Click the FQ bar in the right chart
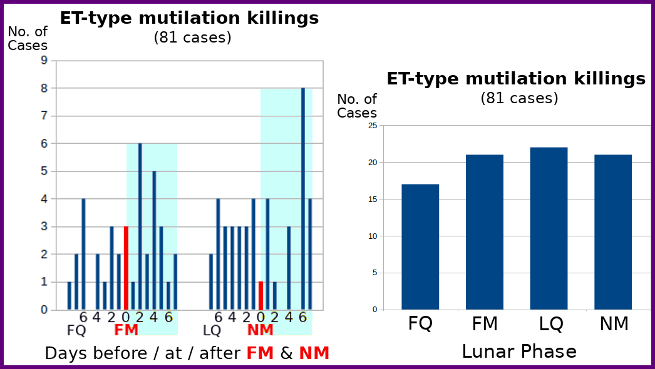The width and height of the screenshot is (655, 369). coord(420,246)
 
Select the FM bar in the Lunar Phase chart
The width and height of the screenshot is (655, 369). coord(485,232)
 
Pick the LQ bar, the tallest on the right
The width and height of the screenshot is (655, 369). coord(549,228)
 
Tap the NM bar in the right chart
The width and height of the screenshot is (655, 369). coord(613,232)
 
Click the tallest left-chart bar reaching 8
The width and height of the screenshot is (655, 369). coord(303,199)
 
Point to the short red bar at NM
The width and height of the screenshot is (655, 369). coord(260,295)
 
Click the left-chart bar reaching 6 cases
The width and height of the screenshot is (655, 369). coord(140,226)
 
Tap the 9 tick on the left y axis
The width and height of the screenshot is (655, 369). coord(44,61)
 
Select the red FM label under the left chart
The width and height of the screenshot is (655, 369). coord(126,330)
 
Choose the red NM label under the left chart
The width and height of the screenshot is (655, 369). coord(260,330)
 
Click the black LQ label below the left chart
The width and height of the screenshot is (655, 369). coord(212,330)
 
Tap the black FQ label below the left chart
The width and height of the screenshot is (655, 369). coord(76,330)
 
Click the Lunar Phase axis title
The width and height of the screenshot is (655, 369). coord(518,351)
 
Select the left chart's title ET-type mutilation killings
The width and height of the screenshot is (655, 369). coord(189,18)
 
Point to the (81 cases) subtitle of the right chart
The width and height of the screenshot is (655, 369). coord(519,98)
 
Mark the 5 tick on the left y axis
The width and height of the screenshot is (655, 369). coord(44,171)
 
